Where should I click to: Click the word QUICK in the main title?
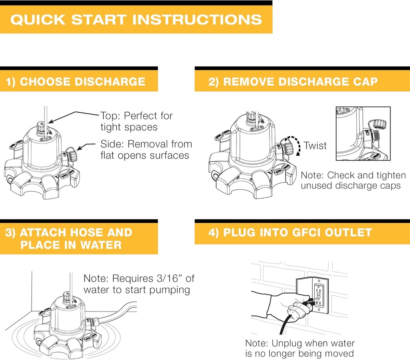pos(38,19)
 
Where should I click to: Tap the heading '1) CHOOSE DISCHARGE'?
pos(76,82)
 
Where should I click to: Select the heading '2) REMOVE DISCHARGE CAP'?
pos(293,82)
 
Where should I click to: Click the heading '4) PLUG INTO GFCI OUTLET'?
pos(290,232)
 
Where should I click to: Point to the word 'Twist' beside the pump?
pos(315,146)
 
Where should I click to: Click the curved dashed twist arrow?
pos(295,145)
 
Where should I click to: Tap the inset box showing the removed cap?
pos(363,134)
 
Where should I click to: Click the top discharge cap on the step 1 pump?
pos(41,127)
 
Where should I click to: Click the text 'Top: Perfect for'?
pos(137,116)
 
